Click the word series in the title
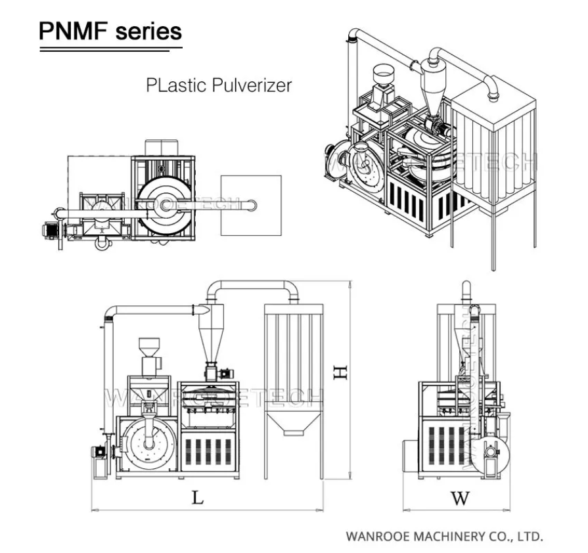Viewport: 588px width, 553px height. point(148,31)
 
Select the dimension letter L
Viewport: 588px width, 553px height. point(197,497)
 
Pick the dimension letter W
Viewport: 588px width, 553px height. point(461,498)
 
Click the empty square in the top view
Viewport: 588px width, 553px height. point(251,206)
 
